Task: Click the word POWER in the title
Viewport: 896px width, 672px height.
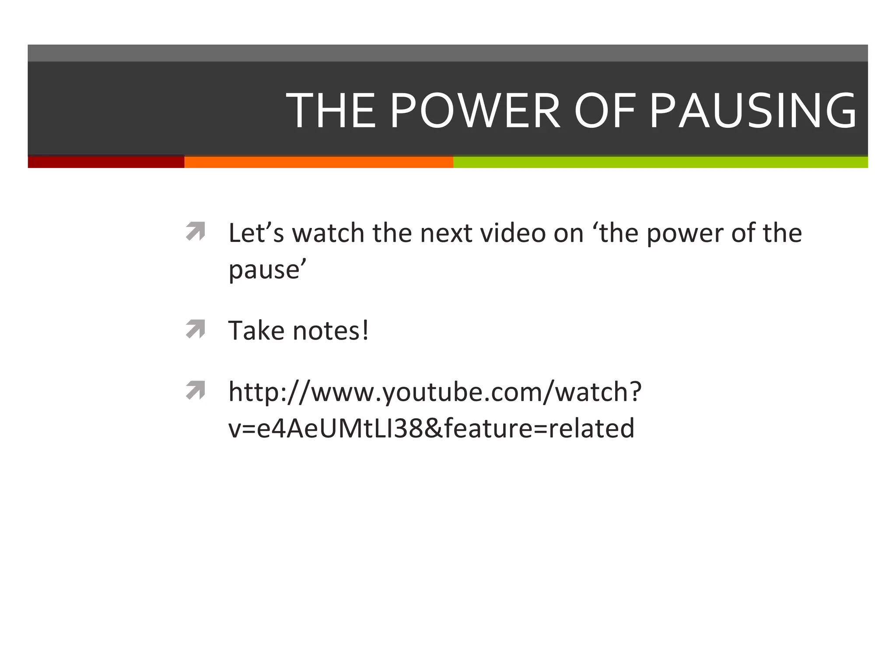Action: [475, 111]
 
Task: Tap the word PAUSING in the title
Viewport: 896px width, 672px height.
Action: [753, 111]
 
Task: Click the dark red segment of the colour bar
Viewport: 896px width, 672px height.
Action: [106, 162]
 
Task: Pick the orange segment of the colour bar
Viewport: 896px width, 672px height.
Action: [318, 162]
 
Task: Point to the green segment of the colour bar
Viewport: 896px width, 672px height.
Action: [660, 162]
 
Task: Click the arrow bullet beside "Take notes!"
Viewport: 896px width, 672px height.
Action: [195, 329]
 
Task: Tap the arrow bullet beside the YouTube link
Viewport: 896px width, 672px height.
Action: [195, 390]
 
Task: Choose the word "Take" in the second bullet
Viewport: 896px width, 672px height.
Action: [256, 330]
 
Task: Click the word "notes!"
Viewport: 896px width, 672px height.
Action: [331, 330]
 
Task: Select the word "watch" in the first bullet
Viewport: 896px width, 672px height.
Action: [328, 233]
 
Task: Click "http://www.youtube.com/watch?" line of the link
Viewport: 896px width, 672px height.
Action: [435, 392]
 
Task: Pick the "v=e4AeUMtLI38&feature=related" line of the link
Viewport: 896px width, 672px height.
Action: [431, 428]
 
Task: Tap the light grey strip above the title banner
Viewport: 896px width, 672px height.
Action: [448, 53]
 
